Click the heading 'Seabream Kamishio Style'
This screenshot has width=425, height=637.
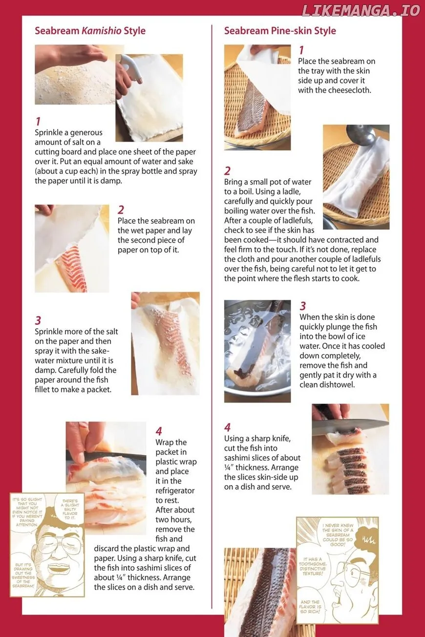click(x=90, y=31)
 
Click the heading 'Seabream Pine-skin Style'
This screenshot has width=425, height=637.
click(x=280, y=31)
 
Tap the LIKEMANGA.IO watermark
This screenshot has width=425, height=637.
click(x=361, y=11)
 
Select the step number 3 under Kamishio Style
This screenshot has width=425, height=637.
click(x=38, y=320)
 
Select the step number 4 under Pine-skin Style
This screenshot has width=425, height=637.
click(x=227, y=427)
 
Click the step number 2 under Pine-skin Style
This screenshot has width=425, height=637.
click(x=227, y=171)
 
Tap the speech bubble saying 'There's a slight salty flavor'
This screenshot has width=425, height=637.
click(x=70, y=510)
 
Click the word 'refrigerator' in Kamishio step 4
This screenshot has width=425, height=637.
click(x=175, y=490)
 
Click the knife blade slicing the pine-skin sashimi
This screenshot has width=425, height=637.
click(x=350, y=425)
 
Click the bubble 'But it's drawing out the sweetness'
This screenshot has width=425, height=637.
click(x=23, y=575)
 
